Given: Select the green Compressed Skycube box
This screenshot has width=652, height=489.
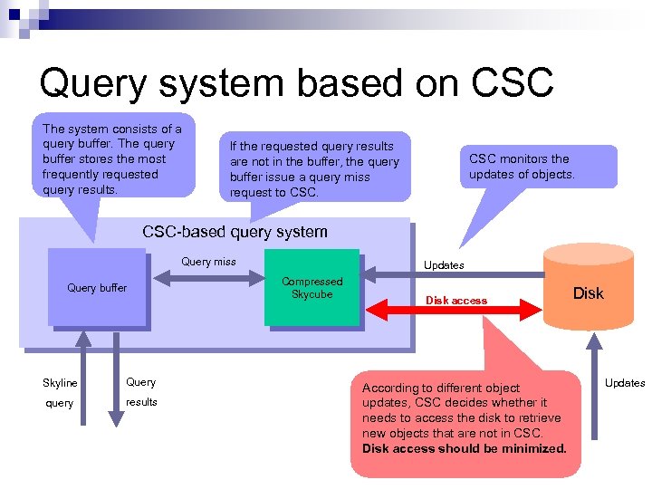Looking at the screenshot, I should [312, 287].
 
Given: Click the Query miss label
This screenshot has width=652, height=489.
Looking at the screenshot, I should [208, 262].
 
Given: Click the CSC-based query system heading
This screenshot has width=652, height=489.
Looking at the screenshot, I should [235, 232].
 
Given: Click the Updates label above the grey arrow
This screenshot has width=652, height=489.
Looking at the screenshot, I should [444, 265].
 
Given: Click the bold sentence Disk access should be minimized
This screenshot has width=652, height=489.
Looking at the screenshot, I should [464, 448].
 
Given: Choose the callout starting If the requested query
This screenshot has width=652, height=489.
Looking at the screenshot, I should [314, 169].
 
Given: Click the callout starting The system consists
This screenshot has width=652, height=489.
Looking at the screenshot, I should [112, 158].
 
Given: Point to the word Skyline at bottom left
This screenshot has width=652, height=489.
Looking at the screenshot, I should [61, 383].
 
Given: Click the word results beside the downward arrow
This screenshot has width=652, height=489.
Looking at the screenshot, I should [141, 401].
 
